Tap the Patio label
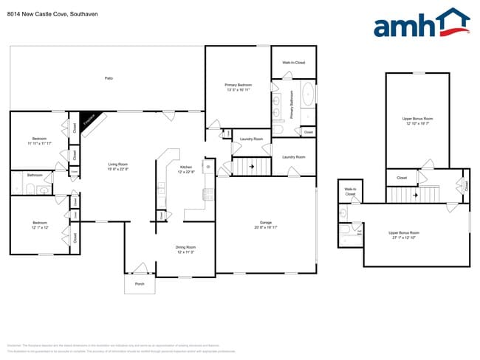coord(108,77)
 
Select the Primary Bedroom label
coord(238,86)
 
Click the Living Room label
coord(118,165)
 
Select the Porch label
coord(139,283)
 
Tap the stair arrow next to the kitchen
coord(252,167)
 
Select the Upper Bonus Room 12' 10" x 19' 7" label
coord(417,121)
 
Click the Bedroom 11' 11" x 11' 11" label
coord(39,140)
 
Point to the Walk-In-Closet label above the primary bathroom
coord(294,63)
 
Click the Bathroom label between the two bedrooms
coord(35,175)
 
